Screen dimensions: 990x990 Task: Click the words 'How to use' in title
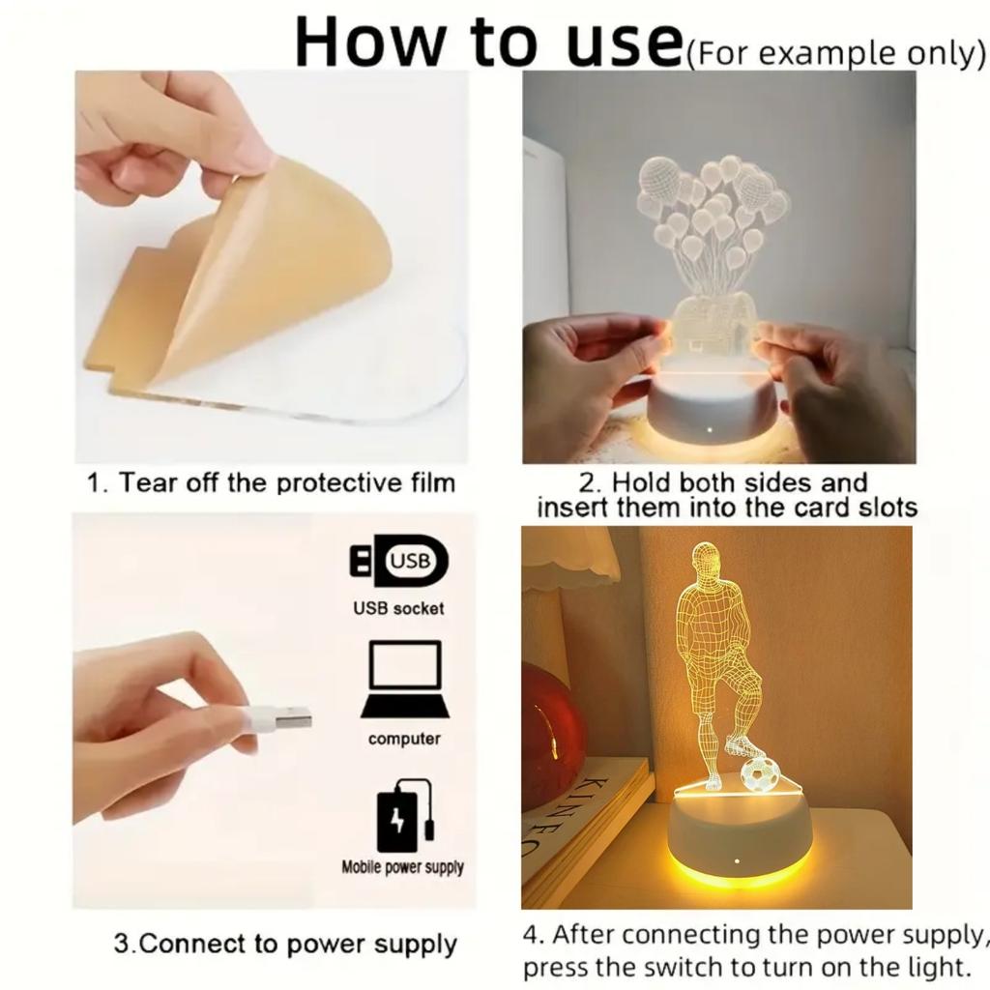point(488,41)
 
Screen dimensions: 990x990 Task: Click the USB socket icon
point(398,561)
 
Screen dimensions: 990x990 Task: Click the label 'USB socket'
point(398,608)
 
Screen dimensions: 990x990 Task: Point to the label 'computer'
point(404,739)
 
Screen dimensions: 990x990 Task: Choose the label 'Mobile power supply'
point(402,867)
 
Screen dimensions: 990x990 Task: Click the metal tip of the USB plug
point(292,717)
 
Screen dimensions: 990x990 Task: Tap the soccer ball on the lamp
point(760,773)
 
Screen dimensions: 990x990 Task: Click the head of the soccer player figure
point(707,560)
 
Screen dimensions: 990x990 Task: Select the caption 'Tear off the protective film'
point(286,482)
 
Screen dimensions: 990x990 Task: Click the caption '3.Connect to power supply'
point(285,944)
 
